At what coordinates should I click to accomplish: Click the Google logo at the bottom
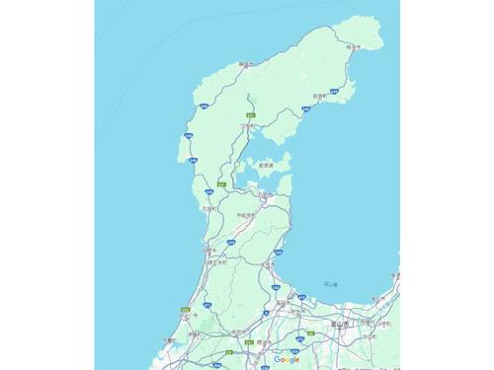pyautogui.click(x=288, y=359)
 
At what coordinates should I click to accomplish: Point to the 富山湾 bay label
pyautogui.click(x=331, y=285)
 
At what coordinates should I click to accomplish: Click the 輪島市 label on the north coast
pyautogui.click(x=246, y=65)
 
